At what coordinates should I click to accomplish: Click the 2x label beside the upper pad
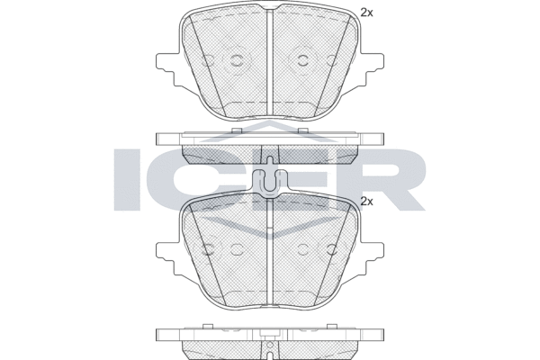tap(366, 13)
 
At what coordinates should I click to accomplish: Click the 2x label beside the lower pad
tap(366, 202)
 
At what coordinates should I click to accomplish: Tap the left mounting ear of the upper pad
tap(168, 69)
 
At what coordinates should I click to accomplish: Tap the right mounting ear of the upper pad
tap(372, 69)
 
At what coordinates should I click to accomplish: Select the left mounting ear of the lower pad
tap(168, 258)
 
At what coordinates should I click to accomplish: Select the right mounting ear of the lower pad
tap(372, 258)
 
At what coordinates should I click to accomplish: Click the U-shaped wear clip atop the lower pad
tap(270, 184)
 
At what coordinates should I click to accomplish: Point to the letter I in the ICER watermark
tap(128, 179)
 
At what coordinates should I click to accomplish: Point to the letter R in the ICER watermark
tap(396, 179)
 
